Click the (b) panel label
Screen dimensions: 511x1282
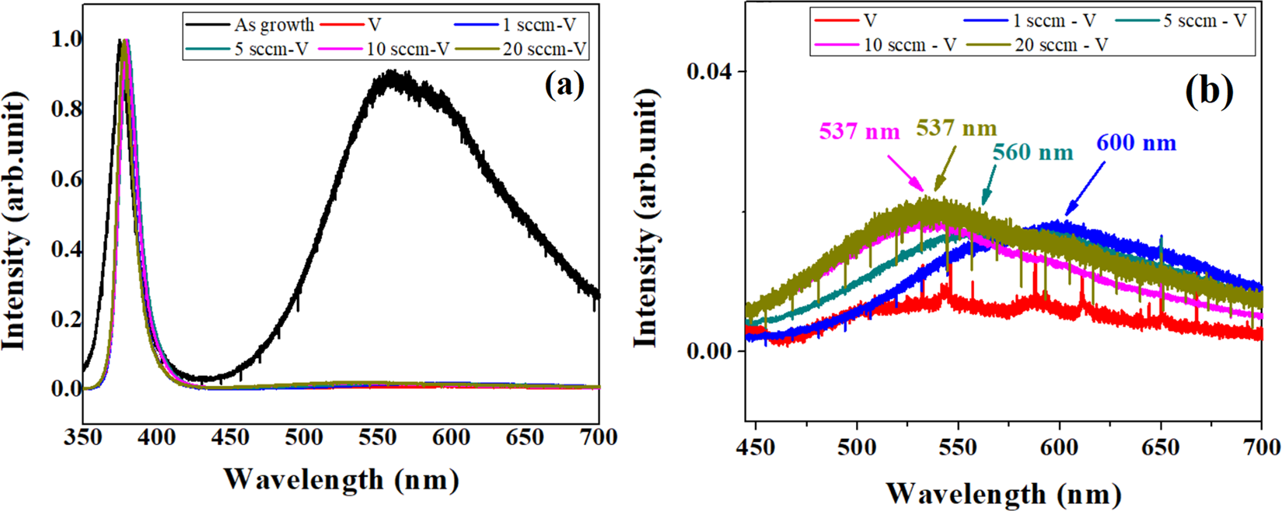point(1209,92)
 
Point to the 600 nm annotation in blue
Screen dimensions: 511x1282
point(1136,144)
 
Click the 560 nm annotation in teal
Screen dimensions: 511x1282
point(1032,152)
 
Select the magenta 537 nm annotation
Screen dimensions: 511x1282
point(859,131)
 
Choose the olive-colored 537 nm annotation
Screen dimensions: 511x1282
point(956,127)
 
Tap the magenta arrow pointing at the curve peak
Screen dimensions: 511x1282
point(906,172)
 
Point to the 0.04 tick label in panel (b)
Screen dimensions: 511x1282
point(708,72)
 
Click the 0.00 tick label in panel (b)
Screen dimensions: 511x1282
point(708,351)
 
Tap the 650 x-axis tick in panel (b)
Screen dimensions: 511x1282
point(1160,447)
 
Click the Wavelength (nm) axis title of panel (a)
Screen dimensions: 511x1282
point(341,479)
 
